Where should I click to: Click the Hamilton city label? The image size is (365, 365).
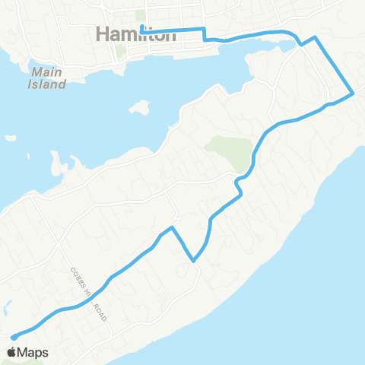(138, 34)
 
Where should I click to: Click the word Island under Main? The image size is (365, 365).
(47, 84)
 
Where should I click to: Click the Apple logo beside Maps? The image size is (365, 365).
(12, 352)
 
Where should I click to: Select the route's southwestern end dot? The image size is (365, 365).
(14, 338)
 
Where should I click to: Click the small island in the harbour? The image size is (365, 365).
(138, 106)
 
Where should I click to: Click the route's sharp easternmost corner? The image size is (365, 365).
(353, 94)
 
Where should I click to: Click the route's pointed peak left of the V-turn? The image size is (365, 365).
(173, 227)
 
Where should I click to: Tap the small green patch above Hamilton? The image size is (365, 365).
(139, 15)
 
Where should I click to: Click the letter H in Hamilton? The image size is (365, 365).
(104, 34)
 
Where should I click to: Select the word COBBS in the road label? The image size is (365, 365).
(78, 277)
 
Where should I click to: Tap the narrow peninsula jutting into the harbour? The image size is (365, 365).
(55, 163)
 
